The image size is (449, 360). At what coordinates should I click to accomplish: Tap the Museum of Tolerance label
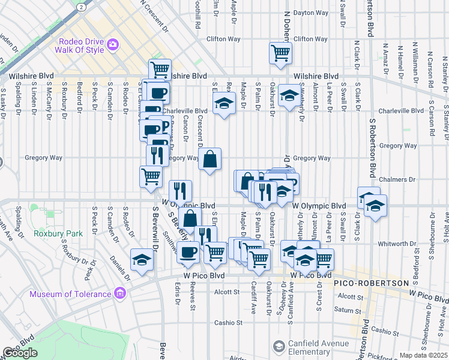tap(71, 294)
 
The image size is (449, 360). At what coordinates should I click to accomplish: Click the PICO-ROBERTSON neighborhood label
tap(376, 283)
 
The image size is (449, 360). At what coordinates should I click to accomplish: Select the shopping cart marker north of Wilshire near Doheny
tap(281, 53)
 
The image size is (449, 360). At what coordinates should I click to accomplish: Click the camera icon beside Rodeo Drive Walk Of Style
tap(112, 44)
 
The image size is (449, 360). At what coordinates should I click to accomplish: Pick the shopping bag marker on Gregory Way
tap(210, 160)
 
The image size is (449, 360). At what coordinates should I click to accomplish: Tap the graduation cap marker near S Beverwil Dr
tap(142, 260)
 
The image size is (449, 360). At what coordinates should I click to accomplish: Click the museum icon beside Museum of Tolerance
tap(120, 293)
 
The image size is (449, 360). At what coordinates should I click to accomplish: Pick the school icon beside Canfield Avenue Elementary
tap(279, 346)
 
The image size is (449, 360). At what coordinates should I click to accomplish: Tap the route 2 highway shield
tap(81, 5)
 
